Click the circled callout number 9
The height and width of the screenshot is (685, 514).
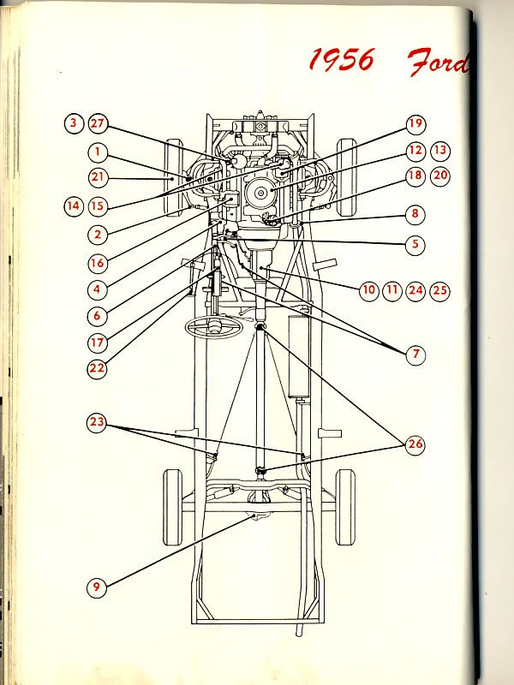97,587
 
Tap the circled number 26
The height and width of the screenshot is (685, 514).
415,444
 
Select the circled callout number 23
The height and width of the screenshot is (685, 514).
97,421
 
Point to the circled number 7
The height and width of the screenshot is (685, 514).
415,353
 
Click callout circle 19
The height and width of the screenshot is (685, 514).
415,124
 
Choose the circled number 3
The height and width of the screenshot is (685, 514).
74,123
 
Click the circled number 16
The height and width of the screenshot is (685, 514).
97,262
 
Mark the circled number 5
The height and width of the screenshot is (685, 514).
415,243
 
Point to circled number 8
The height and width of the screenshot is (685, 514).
415,214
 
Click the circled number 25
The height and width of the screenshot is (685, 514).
440,290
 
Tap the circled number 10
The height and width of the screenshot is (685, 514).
368,290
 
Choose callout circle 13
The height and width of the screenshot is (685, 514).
440,151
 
